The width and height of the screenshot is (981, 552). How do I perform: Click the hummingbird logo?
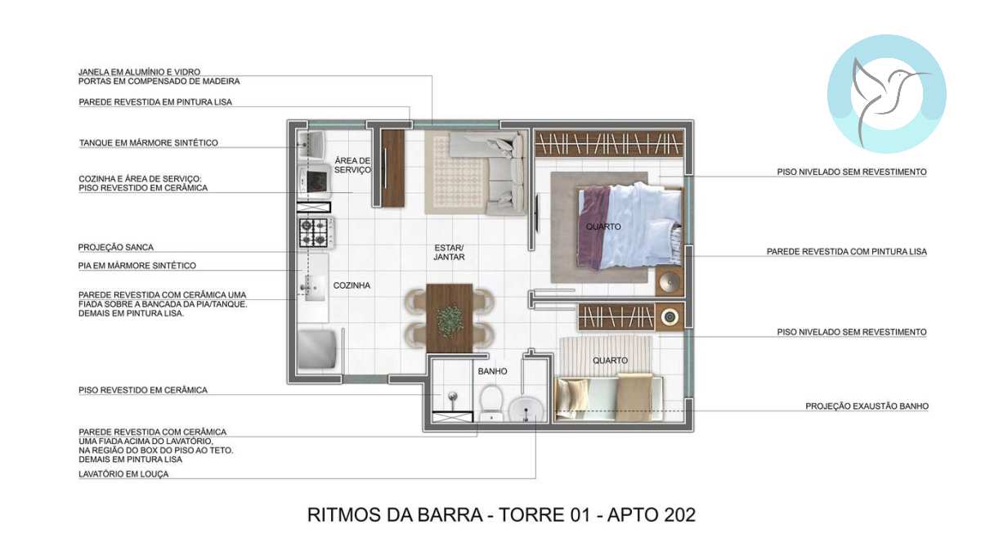point(886,94)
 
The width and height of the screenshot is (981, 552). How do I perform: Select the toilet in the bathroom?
point(492,403)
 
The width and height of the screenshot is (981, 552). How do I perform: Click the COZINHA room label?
point(352,285)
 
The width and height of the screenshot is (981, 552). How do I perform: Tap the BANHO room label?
point(492,371)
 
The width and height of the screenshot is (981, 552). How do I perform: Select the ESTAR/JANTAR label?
point(449,253)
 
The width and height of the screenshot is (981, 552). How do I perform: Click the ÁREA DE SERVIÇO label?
point(352,165)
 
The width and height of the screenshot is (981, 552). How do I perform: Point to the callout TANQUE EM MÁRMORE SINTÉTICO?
point(149,143)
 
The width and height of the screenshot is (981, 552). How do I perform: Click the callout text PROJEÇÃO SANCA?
point(115,248)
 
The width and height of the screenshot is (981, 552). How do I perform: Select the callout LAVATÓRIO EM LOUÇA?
point(123,474)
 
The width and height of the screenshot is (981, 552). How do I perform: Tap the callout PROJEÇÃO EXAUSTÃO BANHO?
point(867,406)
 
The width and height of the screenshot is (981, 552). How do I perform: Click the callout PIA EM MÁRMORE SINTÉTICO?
point(137,266)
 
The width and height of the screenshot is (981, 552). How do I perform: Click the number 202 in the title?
point(679,515)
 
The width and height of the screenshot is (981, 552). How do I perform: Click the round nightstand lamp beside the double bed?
point(670,281)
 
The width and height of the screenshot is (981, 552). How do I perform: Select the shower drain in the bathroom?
point(453,397)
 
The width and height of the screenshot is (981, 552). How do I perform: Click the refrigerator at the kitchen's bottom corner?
point(317,350)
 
